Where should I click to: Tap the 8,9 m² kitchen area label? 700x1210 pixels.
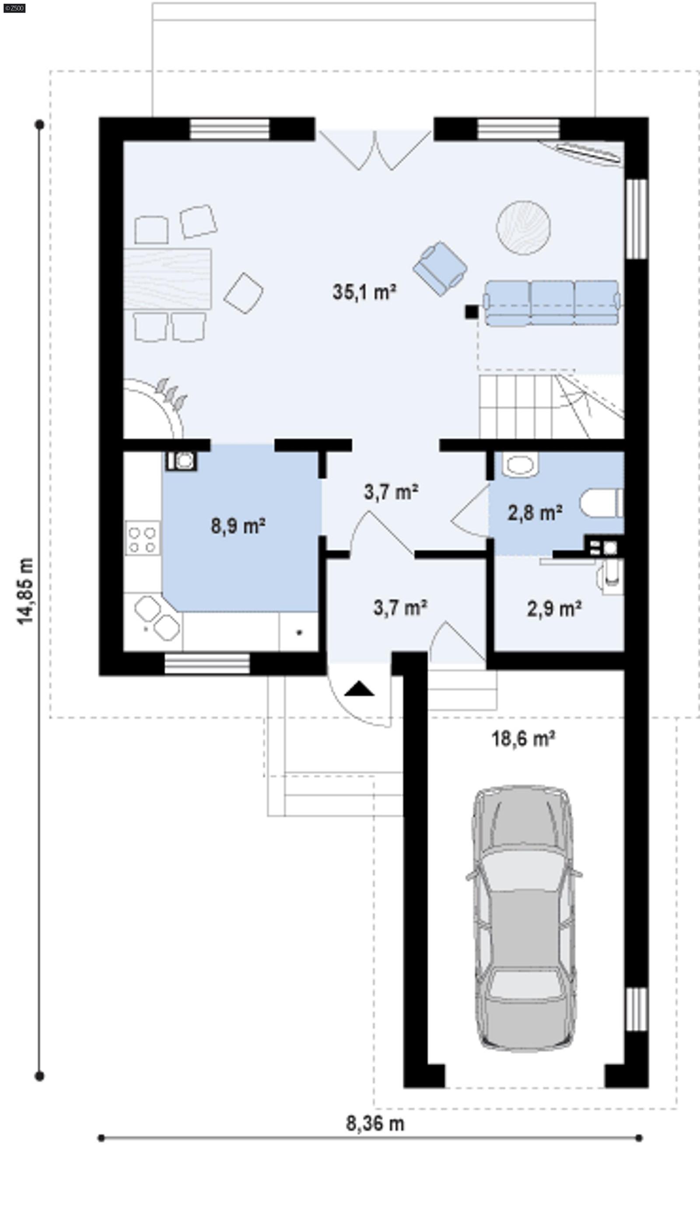click(238, 526)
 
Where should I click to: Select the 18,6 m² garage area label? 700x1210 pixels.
click(523, 738)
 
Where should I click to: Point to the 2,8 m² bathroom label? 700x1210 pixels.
click(535, 513)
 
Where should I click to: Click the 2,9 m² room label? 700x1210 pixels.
click(554, 609)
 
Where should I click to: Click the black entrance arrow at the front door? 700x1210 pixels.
click(359, 689)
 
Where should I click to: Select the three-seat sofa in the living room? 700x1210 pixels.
click(551, 303)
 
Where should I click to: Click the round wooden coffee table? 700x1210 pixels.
click(523, 228)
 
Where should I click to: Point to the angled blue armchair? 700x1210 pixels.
click(440, 268)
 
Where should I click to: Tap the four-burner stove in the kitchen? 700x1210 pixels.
click(143, 540)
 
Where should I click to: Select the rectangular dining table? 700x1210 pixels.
click(167, 278)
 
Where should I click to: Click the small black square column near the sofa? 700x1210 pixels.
click(471, 312)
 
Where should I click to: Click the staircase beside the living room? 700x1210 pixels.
click(550, 406)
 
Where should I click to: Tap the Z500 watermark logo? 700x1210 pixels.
click(14, 8)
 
